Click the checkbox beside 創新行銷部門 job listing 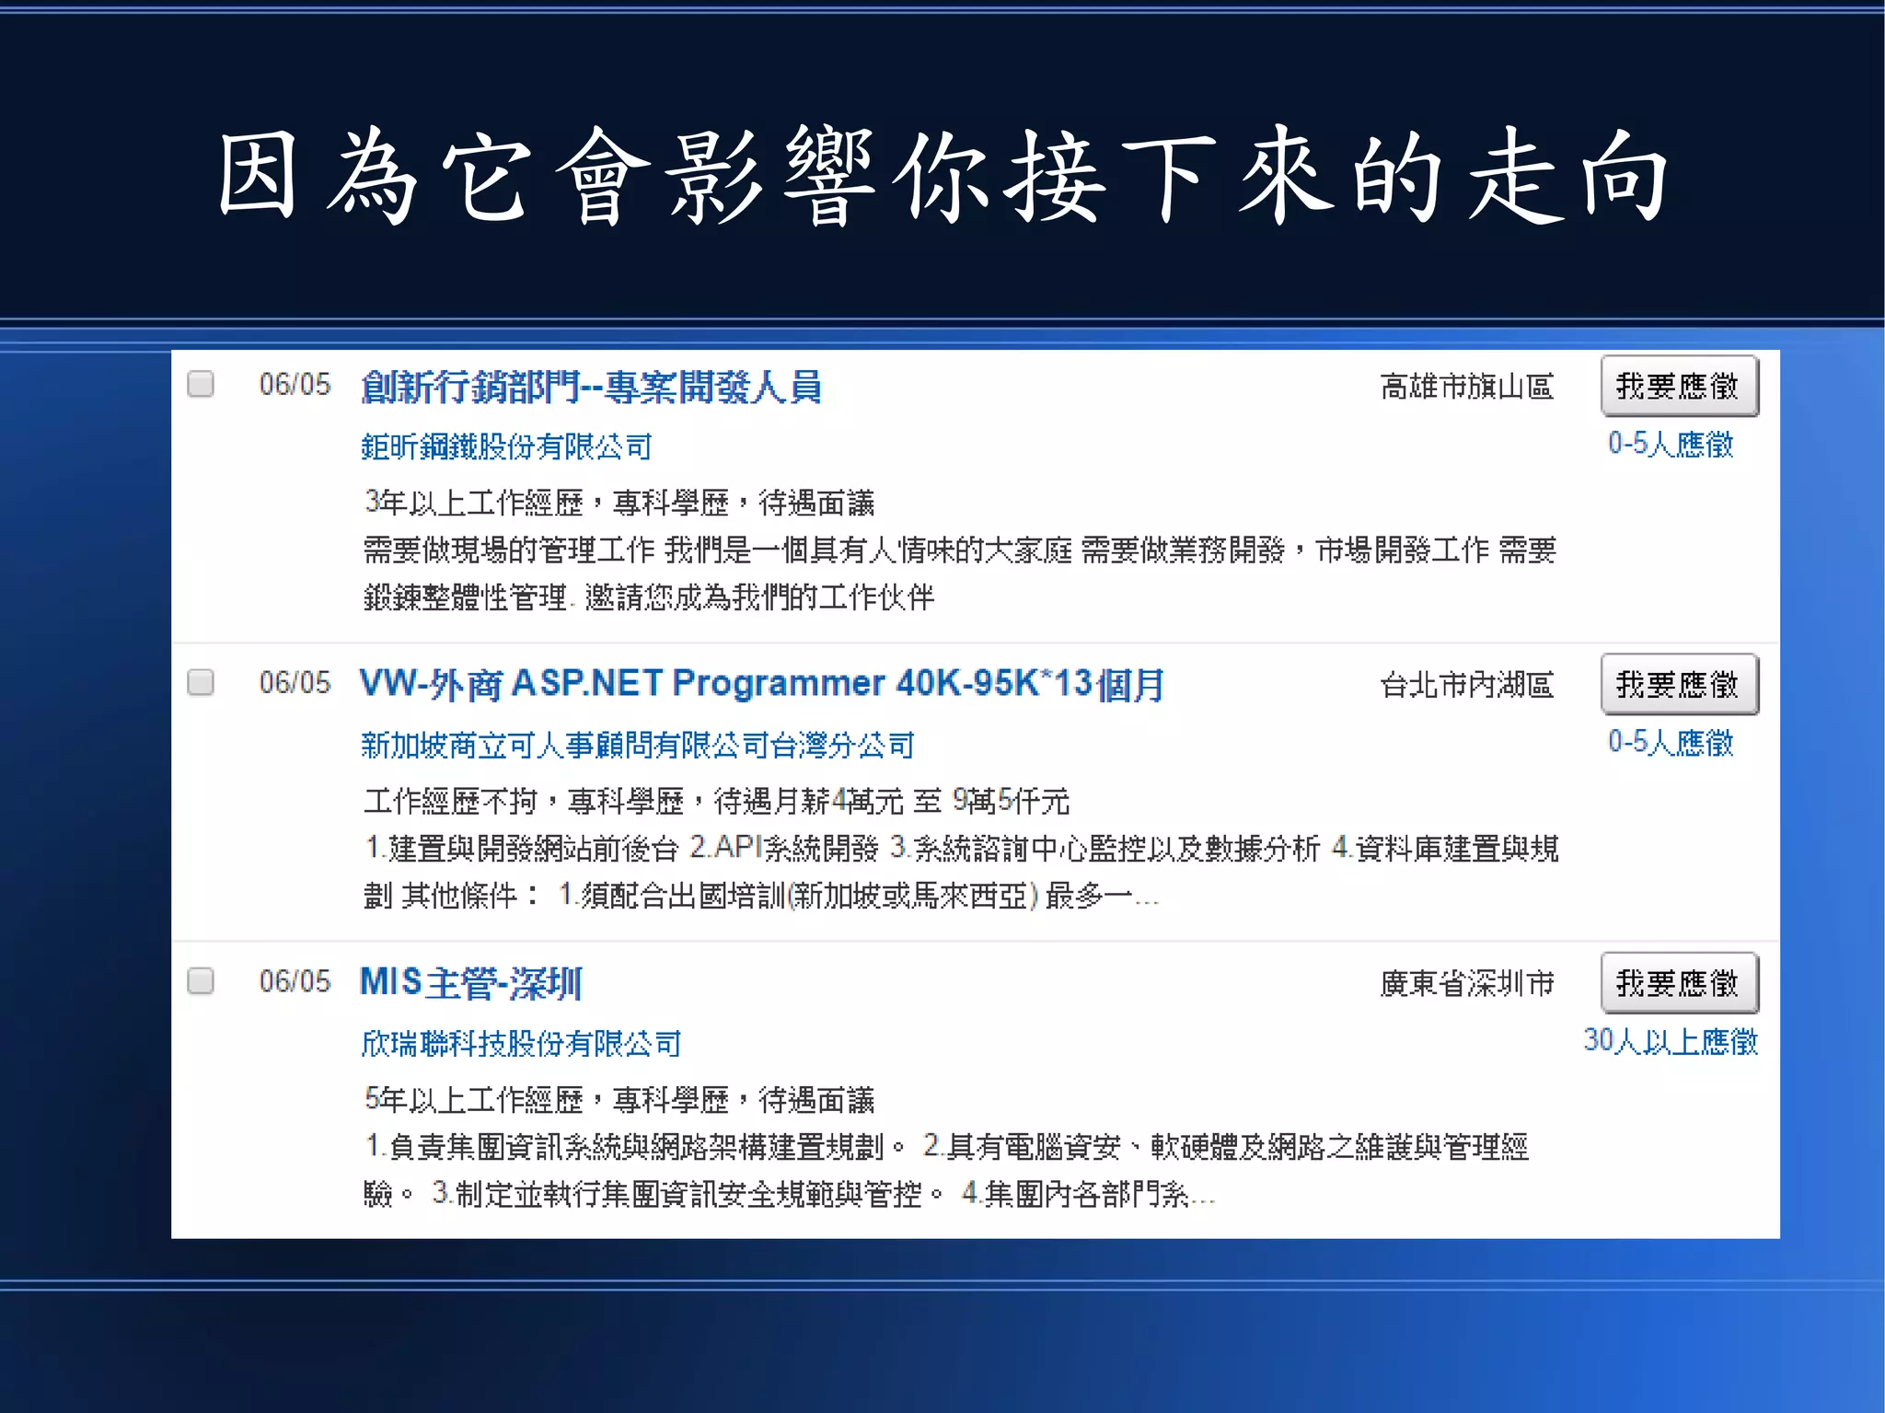click(201, 384)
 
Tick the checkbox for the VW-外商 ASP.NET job click(201, 682)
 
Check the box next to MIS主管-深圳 click(201, 980)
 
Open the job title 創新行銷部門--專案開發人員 click(591, 388)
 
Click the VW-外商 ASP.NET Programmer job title click(761, 684)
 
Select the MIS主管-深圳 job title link click(470, 983)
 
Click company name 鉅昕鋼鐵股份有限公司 click(506, 447)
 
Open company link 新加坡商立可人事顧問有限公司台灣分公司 click(637, 745)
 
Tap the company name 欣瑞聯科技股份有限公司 click(521, 1044)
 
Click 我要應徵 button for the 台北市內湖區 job click(1679, 684)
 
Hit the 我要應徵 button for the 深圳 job click(1679, 983)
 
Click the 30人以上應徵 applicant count click(1670, 1041)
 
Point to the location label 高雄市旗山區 click(1466, 387)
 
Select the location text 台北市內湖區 click(1466, 685)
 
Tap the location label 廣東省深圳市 click(1466, 983)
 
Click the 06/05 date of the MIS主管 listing click(295, 981)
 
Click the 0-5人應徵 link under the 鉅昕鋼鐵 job click(1670, 445)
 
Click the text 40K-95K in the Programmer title click(968, 683)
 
